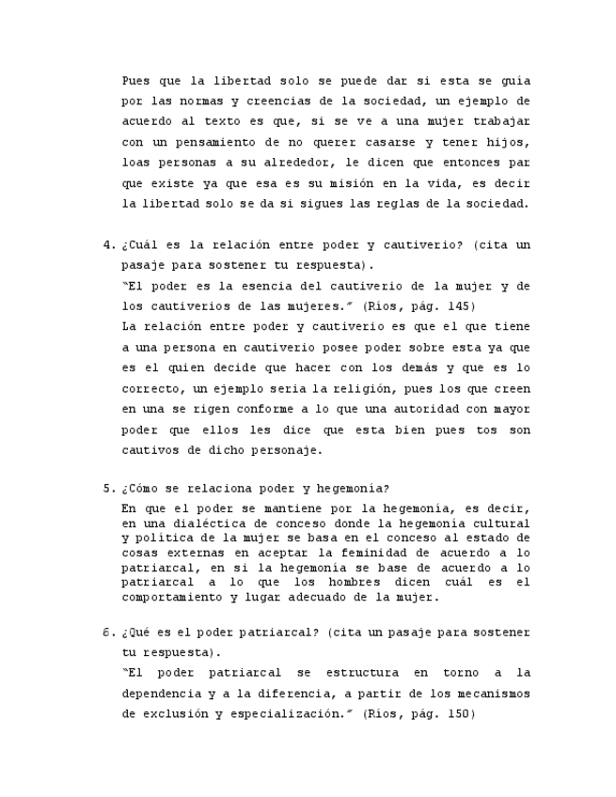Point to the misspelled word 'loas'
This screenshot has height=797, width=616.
click(x=136, y=162)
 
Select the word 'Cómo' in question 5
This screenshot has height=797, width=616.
click(x=146, y=489)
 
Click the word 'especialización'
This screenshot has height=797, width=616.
click(x=281, y=714)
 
